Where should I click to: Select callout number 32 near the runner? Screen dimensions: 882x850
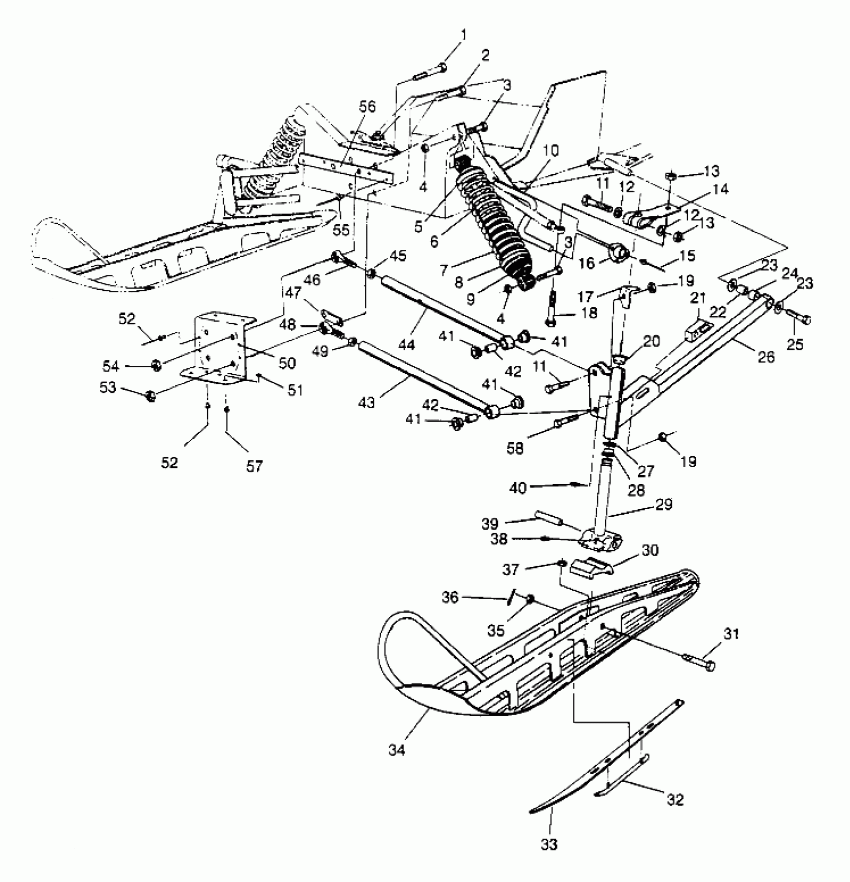pos(675,799)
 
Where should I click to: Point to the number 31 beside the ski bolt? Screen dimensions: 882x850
pos(731,634)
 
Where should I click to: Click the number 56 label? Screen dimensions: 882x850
pos(368,107)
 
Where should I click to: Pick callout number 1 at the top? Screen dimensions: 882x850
pos(464,35)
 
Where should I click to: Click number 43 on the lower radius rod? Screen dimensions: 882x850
pos(366,402)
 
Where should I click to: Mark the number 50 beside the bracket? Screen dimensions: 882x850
pos(287,363)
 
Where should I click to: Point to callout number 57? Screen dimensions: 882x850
pos(254,466)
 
